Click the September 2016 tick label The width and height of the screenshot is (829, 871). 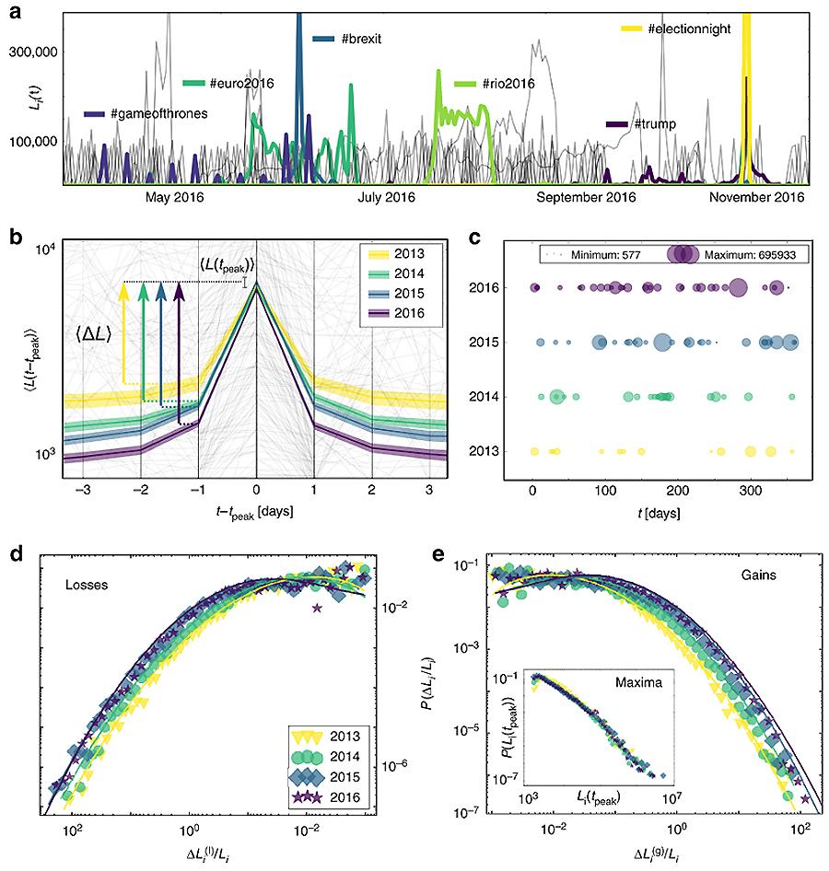coord(586,196)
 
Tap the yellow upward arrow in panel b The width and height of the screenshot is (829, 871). coord(123,331)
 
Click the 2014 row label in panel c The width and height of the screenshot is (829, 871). coord(488,397)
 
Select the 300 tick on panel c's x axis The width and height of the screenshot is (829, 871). coord(752,487)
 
